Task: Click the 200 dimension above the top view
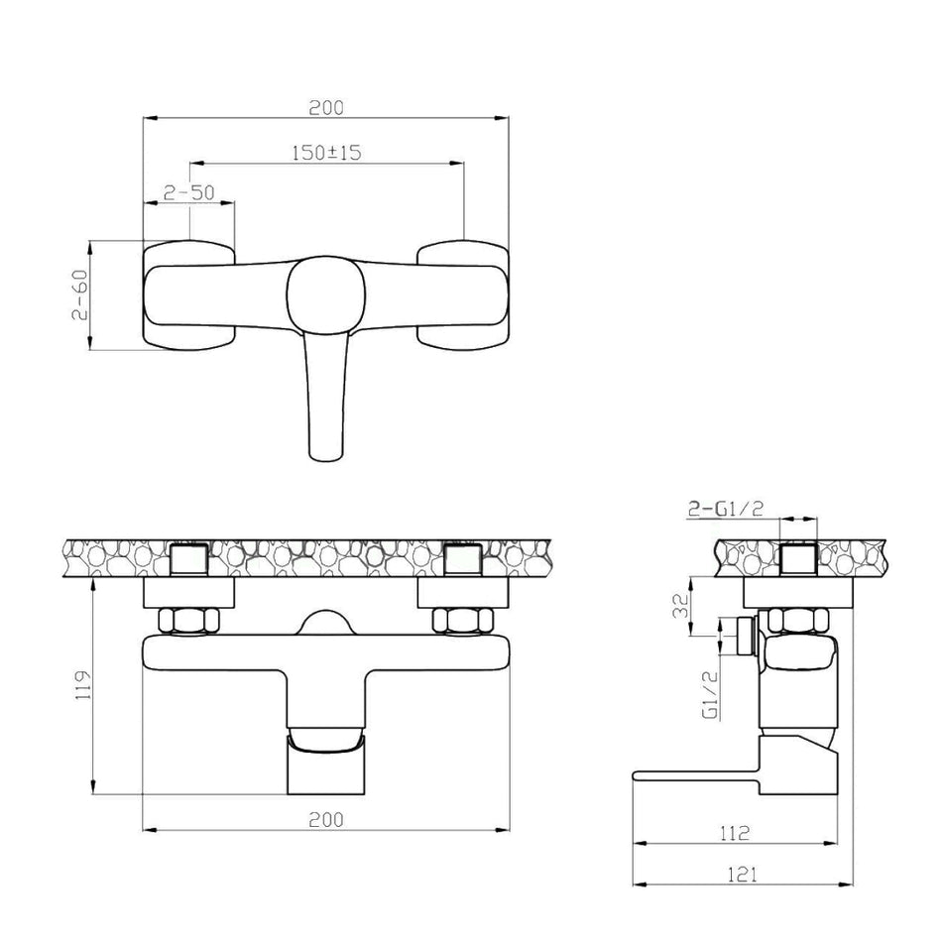click(x=325, y=107)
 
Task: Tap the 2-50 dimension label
click(x=189, y=193)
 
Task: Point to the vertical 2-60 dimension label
click(x=81, y=294)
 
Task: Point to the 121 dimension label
click(x=735, y=874)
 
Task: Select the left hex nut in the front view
click(x=188, y=621)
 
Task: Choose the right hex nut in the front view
click(x=463, y=621)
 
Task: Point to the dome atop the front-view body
click(x=325, y=624)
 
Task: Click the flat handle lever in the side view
click(x=694, y=776)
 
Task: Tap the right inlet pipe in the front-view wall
click(x=463, y=560)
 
